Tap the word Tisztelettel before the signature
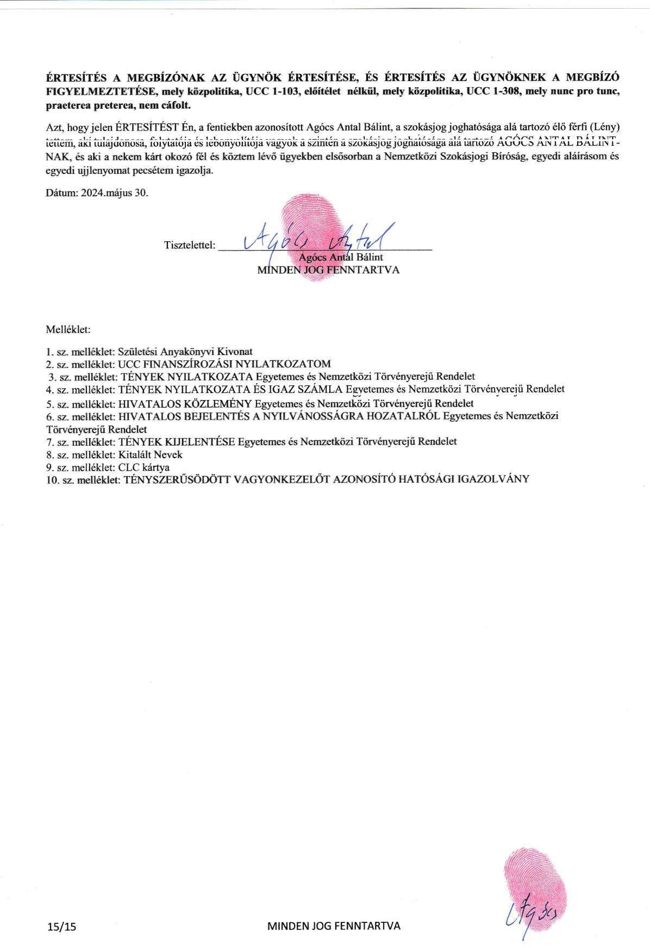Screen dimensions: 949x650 click(189, 245)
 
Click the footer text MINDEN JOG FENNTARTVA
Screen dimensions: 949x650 click(334, 926)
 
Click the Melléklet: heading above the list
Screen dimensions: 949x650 click(68, 329)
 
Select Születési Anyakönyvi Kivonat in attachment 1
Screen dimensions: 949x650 click(185, 352)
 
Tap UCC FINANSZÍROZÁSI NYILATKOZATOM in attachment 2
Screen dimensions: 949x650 click(224, 364)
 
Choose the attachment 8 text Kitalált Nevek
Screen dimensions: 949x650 click(150, 454)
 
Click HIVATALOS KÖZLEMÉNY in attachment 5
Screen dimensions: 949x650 click(185, 403)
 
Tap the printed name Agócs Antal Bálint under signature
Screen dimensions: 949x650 click(341, 257)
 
